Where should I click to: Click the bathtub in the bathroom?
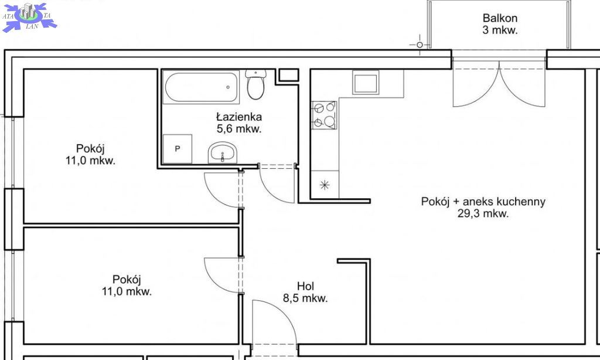tap(202, 87)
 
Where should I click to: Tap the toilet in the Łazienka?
tap(255, 84)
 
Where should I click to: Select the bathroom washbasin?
tap(223, 153)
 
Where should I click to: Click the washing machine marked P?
tap(178, 148)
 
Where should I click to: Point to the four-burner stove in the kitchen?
tap(324, 115)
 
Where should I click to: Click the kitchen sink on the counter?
tap(366, 82)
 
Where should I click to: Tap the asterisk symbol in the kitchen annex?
tap(325, 185)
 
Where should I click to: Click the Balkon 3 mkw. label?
tap(500, 23)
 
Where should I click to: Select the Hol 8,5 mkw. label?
tap(305, 292)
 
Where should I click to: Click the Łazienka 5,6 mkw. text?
tap(239, 123)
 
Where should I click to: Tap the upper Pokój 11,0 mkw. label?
tap(90, 154)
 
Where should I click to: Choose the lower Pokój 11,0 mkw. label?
tap(127, 286)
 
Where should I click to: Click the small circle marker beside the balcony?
tap(420, 45)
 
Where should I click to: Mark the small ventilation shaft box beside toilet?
tap(288, 75)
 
